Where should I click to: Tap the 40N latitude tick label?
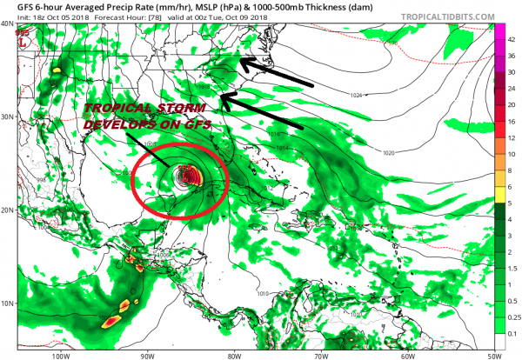9,24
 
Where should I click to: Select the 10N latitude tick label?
9,303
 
